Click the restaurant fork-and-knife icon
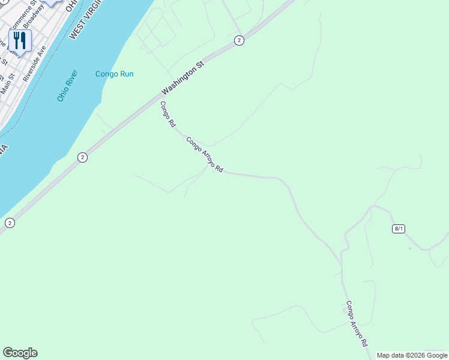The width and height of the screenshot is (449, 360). [20, 41]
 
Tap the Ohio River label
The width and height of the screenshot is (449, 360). [68, 86]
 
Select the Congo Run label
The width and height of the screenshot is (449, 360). [114, 74]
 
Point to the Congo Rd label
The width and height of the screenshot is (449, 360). [167, 114]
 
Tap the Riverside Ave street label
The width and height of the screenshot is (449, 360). [34, 64]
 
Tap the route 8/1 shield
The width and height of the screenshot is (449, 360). [399, 229]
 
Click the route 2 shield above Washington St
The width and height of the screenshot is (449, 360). [239, 40]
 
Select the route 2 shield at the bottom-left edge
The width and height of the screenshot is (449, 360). [10, 223]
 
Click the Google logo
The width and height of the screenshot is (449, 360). [20, 353]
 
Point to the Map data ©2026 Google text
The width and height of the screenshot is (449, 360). [412, 355]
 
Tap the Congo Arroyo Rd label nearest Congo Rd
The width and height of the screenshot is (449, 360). [204, 155]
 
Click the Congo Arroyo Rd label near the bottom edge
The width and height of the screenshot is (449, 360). [357, 324]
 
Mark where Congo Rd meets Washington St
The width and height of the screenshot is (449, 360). [157, 98]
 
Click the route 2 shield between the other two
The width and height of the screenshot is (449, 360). [83, 157]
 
